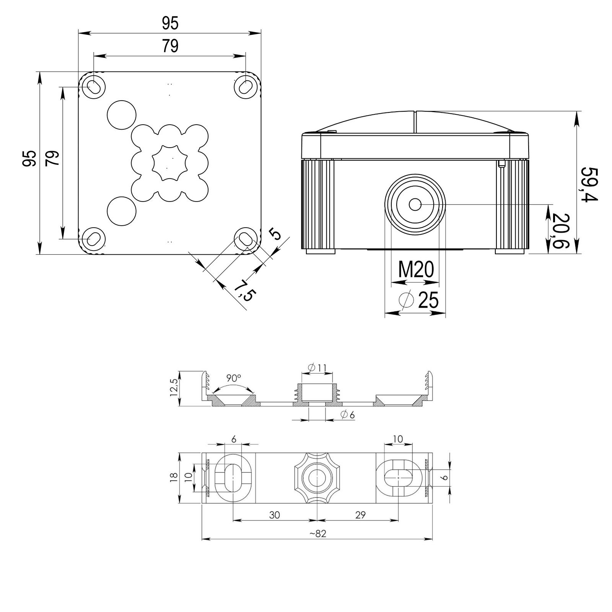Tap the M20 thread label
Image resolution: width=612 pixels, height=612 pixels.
coord(416,270)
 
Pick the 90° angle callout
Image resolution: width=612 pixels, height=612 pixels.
coord(233,378)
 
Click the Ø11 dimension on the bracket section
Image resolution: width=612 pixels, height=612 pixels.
coord(317,368)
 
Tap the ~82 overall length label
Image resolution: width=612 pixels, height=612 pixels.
coord(316,534)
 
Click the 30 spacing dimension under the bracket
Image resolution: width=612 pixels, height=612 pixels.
coord(274,515)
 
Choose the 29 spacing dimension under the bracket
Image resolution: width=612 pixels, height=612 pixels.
coord(360,515)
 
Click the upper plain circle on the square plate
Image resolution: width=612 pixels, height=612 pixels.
coord(121,114)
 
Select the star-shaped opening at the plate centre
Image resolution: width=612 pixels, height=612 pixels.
coord(167,163)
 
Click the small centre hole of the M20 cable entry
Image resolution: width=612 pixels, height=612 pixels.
coord(415,205)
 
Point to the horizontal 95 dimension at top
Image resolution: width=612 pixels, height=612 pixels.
coord(170,24)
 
